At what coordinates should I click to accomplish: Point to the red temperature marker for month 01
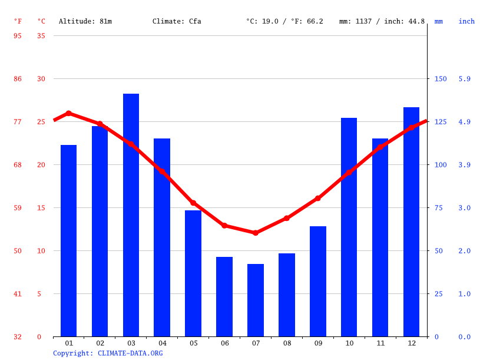point(69,113)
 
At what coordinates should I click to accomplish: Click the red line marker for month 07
point(256,233)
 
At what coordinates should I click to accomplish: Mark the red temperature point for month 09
point(318,199)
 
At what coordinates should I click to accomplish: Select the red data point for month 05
point(193,203)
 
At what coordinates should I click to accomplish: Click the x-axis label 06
point(224,344)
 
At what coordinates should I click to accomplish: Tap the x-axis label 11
point(380,344)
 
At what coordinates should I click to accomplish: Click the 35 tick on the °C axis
point(41,36)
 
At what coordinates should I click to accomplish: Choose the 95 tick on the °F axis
point(18,36)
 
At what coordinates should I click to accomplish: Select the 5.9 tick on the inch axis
point(465,79)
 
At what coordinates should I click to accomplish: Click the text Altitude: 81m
point(85,21)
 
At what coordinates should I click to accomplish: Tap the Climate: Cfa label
point(177,21)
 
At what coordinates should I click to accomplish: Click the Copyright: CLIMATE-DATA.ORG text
point(108,354)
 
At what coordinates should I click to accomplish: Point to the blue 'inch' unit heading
point(466,21)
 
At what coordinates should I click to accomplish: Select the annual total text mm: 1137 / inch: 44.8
point(382,21)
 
